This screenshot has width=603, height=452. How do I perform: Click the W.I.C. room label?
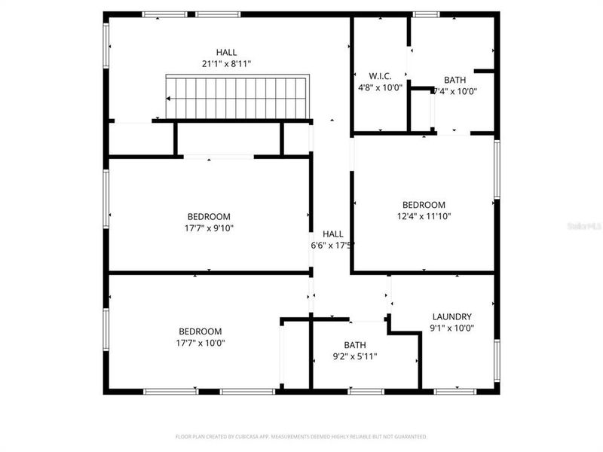(x=380, y=76)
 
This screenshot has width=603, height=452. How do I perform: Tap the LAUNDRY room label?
(x=451, y=316)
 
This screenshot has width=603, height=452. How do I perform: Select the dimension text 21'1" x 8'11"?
(x=226, y=64)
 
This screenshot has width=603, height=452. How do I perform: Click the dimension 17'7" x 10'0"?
(x=200, y=343)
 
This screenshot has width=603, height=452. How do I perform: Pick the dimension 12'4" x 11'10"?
(x=424, y=216)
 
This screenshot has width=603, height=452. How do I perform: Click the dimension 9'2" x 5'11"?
(x=355, y=356)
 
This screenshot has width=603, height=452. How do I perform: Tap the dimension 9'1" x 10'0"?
(x=451, y=328)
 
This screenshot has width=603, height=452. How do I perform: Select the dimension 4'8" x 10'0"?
(x=380, y=87)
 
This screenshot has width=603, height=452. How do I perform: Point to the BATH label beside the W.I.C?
(x=455, y=80)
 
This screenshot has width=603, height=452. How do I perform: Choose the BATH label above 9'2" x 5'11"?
(x=355, y=345)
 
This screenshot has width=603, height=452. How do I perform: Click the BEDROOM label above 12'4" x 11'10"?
(x=424, y=205)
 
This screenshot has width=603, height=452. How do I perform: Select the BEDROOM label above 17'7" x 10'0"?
(x=200, y=331)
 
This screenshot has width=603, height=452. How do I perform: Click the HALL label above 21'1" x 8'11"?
(x=226, y=52)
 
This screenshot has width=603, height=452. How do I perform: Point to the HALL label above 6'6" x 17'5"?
(x=333, y=234)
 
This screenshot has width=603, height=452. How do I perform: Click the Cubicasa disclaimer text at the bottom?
(x=301, y=436)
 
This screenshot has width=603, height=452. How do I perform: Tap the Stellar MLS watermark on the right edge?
(x=588, y=224)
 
